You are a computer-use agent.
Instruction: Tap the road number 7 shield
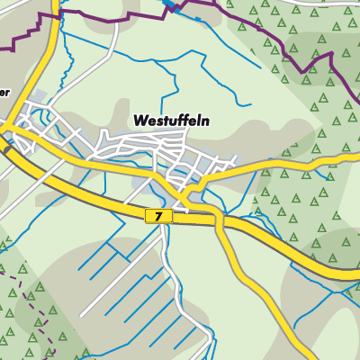(158, 216)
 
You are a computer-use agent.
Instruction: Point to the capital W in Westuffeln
(140, 120)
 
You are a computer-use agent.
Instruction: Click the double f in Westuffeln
(183, 120)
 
